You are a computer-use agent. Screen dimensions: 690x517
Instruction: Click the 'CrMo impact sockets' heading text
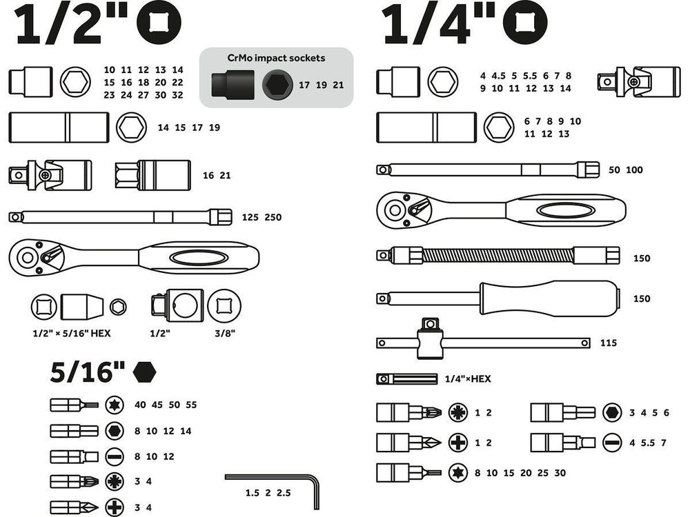click(276, 59)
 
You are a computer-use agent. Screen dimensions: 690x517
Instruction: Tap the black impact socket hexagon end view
click(275, 86)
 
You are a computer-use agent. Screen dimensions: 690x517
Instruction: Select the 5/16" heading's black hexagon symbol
click(145, 372)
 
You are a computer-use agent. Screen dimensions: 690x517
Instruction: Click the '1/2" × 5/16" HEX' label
click(72, 333)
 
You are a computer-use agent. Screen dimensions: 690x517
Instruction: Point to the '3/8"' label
click(225, 333)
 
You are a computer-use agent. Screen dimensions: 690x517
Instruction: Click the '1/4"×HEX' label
click(468, 378)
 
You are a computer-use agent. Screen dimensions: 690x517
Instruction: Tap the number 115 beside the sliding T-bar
click(608, 343)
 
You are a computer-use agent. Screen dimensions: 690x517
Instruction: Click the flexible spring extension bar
click(497, 256)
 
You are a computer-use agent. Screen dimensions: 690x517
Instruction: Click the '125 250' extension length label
click(262, 217)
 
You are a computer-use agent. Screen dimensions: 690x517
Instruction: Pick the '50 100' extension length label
click(625, 170)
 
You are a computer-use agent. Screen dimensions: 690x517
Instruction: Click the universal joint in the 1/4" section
click(632, 81)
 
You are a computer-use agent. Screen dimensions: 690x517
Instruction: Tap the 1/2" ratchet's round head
click(28, 258)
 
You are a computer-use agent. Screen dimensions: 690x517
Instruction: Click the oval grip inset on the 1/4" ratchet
click(565, 210)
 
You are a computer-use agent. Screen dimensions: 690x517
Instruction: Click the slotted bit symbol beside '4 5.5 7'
click(611, 443)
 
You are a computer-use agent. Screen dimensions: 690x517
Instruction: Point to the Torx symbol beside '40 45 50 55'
click(115, 405)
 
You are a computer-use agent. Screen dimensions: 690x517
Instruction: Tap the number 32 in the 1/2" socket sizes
click(177, 95)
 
